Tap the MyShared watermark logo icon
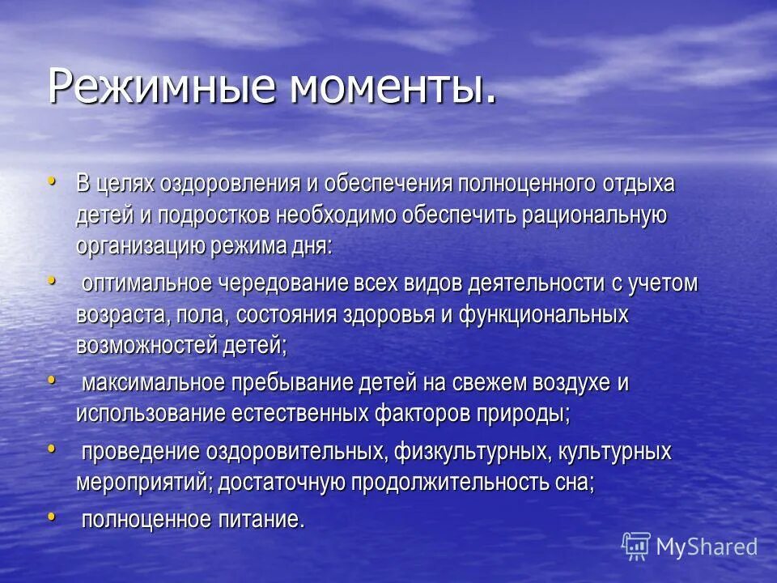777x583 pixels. (x=636, y=547)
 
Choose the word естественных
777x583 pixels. (x=299, y=414)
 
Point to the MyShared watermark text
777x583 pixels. (x=707, y=547)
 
